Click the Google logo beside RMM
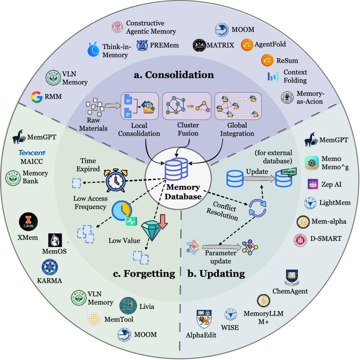point(37,97)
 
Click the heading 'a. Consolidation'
point(174,74)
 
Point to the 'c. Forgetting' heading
point(144,274)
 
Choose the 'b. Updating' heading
point(216,274)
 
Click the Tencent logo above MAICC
point(32,153)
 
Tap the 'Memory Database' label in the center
point(184,192)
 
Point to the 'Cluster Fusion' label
point(188,129)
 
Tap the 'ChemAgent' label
point(290,291)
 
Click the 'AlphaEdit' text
point(201,335)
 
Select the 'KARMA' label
point(50,280)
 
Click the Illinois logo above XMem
point(28,222)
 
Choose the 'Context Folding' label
point(295,76)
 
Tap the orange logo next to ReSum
point(267,60)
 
